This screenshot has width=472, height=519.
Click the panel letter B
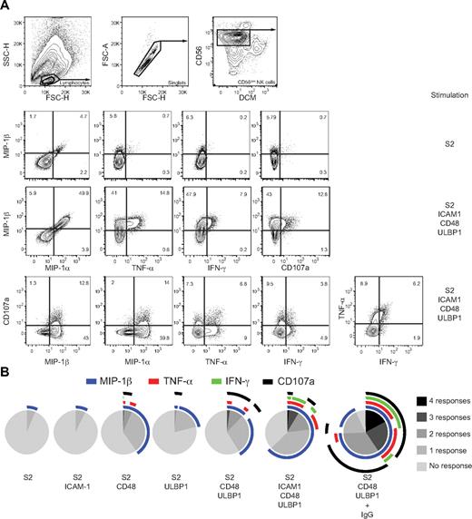pyautogui.click(x=5, y=369)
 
